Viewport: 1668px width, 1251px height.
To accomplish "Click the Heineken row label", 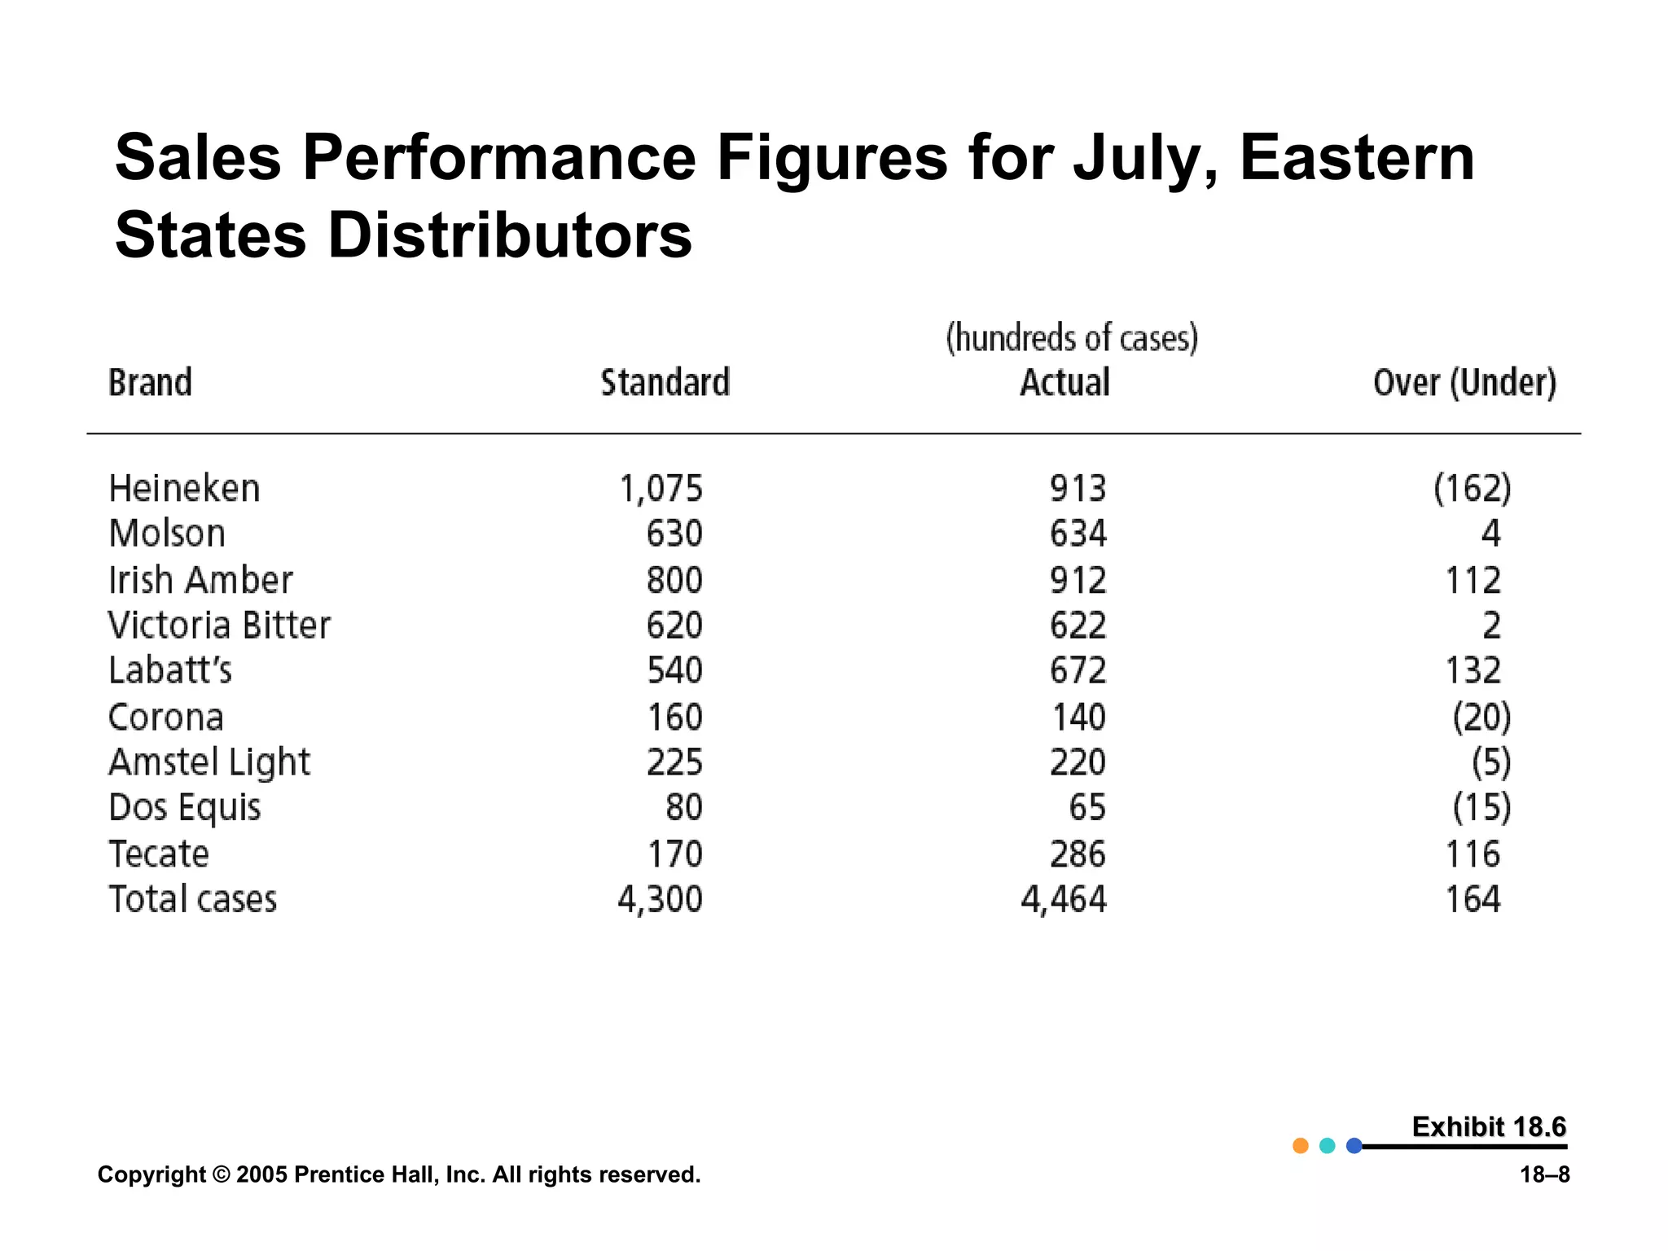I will (x=184, y=489).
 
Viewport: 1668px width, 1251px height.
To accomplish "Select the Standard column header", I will (x=665, y=383).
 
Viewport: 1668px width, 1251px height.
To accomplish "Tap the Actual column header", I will (x=1064, y=383).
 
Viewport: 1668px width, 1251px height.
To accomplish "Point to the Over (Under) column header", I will (x=1464, y=383).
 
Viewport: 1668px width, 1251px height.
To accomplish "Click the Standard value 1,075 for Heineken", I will (x=661, y=489).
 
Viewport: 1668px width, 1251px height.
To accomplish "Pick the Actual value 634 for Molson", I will (x=1078, y=533).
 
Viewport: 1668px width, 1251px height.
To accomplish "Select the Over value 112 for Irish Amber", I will (x=1473, y=581).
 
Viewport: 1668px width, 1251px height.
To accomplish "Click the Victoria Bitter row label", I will (x=219, y=625).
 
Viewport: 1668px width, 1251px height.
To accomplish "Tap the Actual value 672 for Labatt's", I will (x=1078, y=670).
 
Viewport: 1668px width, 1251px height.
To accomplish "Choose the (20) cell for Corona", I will (x=1481, y=717).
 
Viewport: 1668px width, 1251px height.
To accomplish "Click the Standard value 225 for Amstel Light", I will (x=674, y=762).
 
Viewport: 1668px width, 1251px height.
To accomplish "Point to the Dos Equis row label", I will (x=185, y=808).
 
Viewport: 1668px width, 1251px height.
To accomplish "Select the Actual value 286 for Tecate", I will (x=1078, y=854).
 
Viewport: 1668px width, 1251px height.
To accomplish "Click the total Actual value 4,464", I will (x=1064, y=900).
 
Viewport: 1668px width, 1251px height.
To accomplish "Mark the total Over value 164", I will (x=1473, y=900).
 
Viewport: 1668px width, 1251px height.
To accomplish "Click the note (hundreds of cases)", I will (x=1072, y=338).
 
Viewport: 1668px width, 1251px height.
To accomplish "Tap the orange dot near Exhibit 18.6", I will (x=1300, y=1146).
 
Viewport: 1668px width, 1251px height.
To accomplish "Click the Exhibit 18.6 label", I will (x=1488, y=1127).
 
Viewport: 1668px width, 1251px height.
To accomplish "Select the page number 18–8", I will (x=1544, y=1174).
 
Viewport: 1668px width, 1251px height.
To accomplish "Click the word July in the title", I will (x=1144, y=159).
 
